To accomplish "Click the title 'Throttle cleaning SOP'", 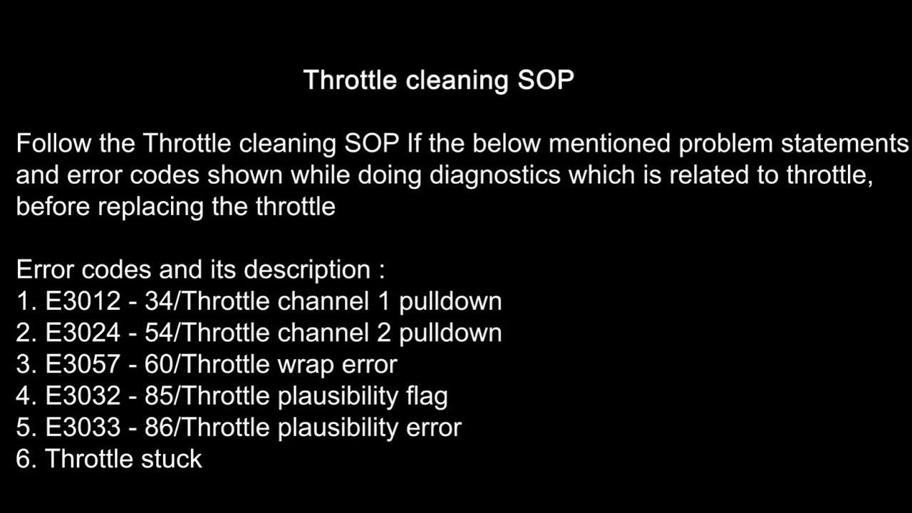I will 438,80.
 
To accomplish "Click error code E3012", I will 83,301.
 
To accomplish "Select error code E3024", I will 83,333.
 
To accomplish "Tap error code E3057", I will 83,364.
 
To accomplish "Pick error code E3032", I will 83,395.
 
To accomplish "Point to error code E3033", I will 83,427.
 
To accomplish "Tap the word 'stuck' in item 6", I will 172,458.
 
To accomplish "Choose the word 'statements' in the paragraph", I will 845,144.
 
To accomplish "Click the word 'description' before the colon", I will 307,270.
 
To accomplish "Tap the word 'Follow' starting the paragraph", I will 54,144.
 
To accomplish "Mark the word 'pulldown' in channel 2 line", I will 450,333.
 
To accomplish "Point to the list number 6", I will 24,458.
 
